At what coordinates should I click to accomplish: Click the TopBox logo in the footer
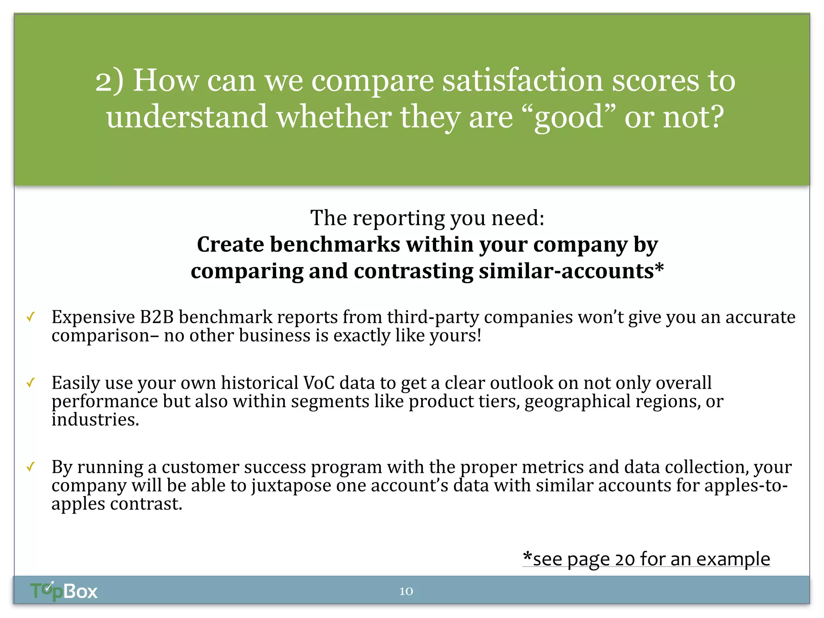point(64,591)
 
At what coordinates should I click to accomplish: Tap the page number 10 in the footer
point(406,591)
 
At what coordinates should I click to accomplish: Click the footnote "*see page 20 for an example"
point(646,559)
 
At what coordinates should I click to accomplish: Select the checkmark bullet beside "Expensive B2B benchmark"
point(31,317)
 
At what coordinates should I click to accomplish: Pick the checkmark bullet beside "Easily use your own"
point(31,383)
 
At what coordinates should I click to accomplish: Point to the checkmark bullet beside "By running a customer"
point(31,467)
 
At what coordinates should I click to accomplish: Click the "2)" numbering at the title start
point(109,80)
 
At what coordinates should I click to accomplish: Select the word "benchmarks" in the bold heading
point(335,244)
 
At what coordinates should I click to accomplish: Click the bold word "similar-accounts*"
point(571,271)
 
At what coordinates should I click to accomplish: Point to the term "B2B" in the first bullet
point(157,317)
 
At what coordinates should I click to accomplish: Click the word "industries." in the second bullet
point(95,420)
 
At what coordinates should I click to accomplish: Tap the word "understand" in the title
point(187,117)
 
